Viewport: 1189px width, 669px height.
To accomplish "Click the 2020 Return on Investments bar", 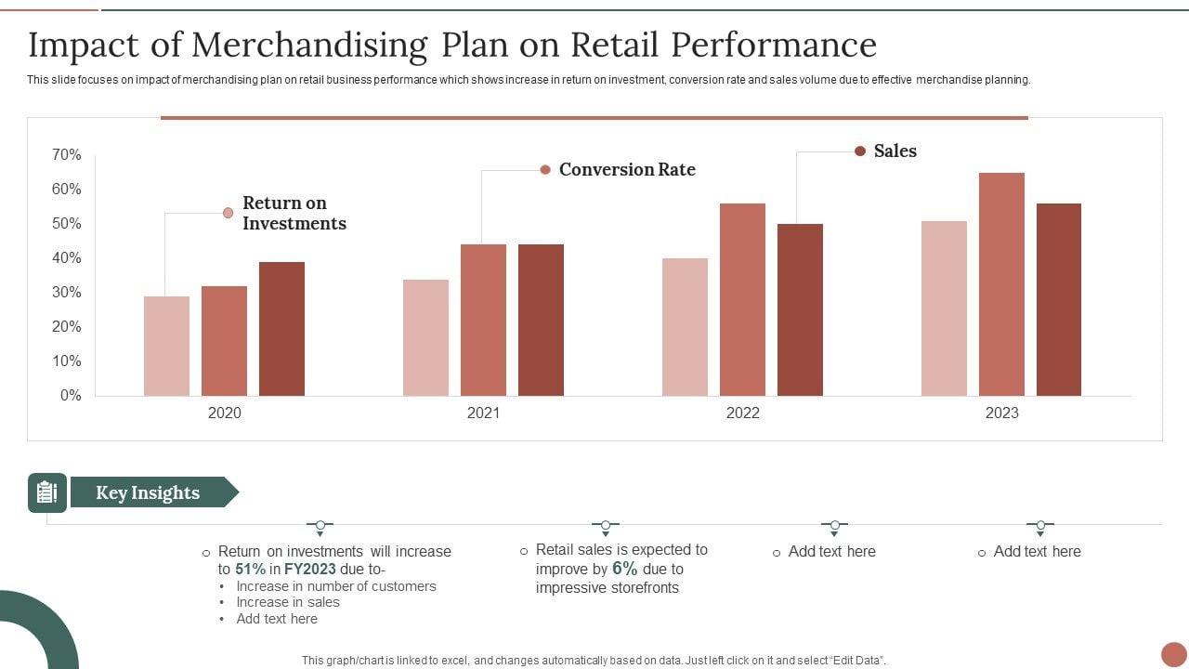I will coord(166,346).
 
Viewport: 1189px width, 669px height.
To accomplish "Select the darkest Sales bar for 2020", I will coord(281,329).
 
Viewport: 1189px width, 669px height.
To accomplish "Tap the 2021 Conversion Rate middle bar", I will coord(483,320).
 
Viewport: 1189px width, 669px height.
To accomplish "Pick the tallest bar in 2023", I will coord(1001,284).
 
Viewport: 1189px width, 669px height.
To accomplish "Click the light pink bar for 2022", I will coord(685,327).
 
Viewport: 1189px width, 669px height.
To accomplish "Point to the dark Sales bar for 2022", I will coord(800,309).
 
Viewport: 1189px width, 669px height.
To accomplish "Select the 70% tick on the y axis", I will coord(67,155).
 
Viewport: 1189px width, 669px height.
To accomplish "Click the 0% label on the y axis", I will coord(71,396).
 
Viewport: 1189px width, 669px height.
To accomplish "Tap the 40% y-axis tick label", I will coord(67,258).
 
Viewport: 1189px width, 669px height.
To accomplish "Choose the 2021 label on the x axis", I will coord(483,413).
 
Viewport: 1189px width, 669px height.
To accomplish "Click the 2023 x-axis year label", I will coord(1001,413).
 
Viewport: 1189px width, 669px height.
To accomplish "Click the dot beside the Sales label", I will coord(860,151).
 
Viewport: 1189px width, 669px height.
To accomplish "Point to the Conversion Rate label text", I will coord(627,170).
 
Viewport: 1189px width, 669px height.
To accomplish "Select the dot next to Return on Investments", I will coord(228,213).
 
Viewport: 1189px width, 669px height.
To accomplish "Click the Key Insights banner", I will coord(149,492).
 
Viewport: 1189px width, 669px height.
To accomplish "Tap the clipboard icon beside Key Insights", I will coord(46,492).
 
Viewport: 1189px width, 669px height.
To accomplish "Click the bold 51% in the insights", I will coord(251,570).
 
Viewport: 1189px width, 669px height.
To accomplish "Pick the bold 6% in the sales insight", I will coord(625,569).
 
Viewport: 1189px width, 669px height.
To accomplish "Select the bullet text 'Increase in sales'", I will coord(288,602).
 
